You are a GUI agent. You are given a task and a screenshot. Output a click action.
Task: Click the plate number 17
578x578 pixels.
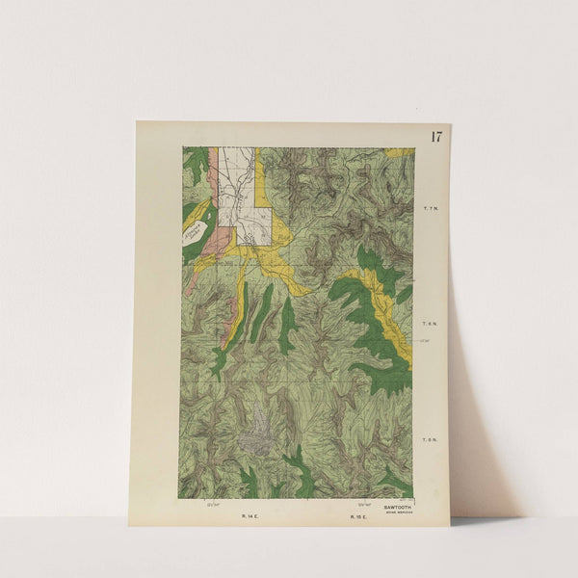point(436,136)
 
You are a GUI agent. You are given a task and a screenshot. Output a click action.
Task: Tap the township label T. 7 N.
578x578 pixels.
point(431,208)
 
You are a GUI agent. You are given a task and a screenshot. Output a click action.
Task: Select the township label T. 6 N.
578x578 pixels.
point(431,326)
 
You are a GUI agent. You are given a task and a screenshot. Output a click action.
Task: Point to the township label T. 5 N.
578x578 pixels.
point(431,439)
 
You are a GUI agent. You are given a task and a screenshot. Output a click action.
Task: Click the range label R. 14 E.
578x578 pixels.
point(250,517)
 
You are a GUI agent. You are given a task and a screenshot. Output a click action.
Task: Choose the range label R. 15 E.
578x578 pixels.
point(357,517)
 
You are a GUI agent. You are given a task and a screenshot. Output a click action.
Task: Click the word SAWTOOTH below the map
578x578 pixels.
point(397,505)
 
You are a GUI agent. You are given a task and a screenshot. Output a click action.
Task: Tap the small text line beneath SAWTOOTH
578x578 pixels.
point(397,511)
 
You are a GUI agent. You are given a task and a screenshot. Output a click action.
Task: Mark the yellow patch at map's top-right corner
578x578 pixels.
point(399,151)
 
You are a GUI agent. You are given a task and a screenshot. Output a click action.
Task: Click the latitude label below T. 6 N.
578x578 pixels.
point(425,338)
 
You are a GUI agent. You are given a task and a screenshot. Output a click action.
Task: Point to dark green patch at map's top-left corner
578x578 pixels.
point(196,164)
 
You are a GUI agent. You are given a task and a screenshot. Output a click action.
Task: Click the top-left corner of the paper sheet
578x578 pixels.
point(138,121)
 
